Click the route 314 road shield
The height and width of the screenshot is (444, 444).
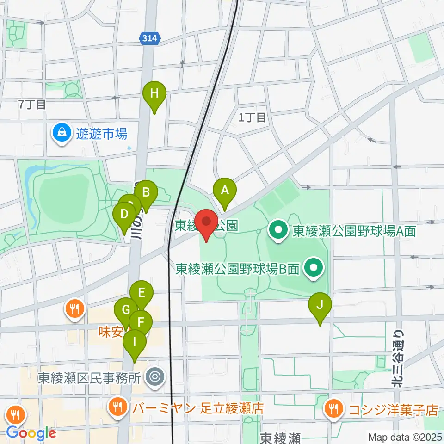pyautogui.click(x=150, y=39)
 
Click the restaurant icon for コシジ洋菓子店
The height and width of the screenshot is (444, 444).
pyautogui.click(x=333, y=409)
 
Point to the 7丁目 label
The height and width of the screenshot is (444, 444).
pyautogui.click(x=32, y=105)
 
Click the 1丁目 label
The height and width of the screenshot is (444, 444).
pyautogui.click(x=253, y=118)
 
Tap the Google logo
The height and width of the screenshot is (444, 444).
pyautogui.click(x=31, y=433)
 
